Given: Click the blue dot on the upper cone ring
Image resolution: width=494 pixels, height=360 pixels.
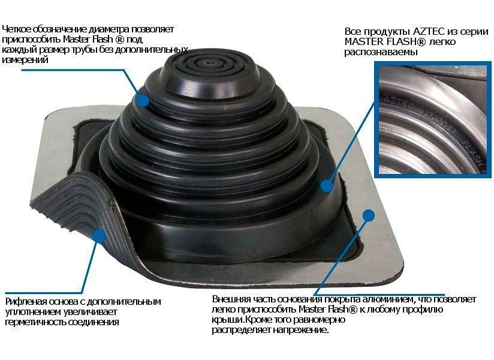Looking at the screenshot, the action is click(143, 100).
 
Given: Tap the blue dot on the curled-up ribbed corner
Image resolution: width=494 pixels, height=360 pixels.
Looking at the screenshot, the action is click(100, 236).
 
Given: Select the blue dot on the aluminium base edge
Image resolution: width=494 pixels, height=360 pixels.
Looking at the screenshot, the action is click(368, 215).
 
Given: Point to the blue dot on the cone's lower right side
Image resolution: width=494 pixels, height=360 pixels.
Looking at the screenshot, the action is click(327, 185).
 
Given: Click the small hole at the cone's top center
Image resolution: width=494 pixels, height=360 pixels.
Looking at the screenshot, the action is click(209, 62).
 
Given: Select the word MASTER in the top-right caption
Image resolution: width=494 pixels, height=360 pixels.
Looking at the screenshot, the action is click(364, 41).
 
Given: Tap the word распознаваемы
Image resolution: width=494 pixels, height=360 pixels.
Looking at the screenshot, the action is click(381, 52).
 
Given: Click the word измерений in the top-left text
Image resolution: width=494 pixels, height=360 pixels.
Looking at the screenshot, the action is click(25, 59).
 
